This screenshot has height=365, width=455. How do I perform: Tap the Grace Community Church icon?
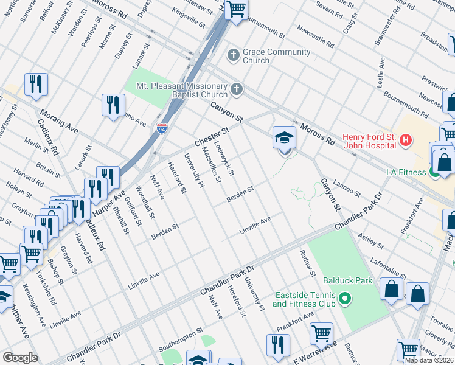(x=232, y=56)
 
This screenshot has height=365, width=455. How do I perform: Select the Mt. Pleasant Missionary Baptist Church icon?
(x=237, y=90)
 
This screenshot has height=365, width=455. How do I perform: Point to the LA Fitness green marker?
(x=435, y=173)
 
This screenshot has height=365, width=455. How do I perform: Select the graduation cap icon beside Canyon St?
(x=284, y=138)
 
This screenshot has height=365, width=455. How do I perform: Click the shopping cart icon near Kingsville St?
(x=236, y=9)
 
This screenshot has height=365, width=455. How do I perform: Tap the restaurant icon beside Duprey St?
(x=113, y=105)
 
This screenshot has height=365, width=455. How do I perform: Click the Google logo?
(x=20, y=357)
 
